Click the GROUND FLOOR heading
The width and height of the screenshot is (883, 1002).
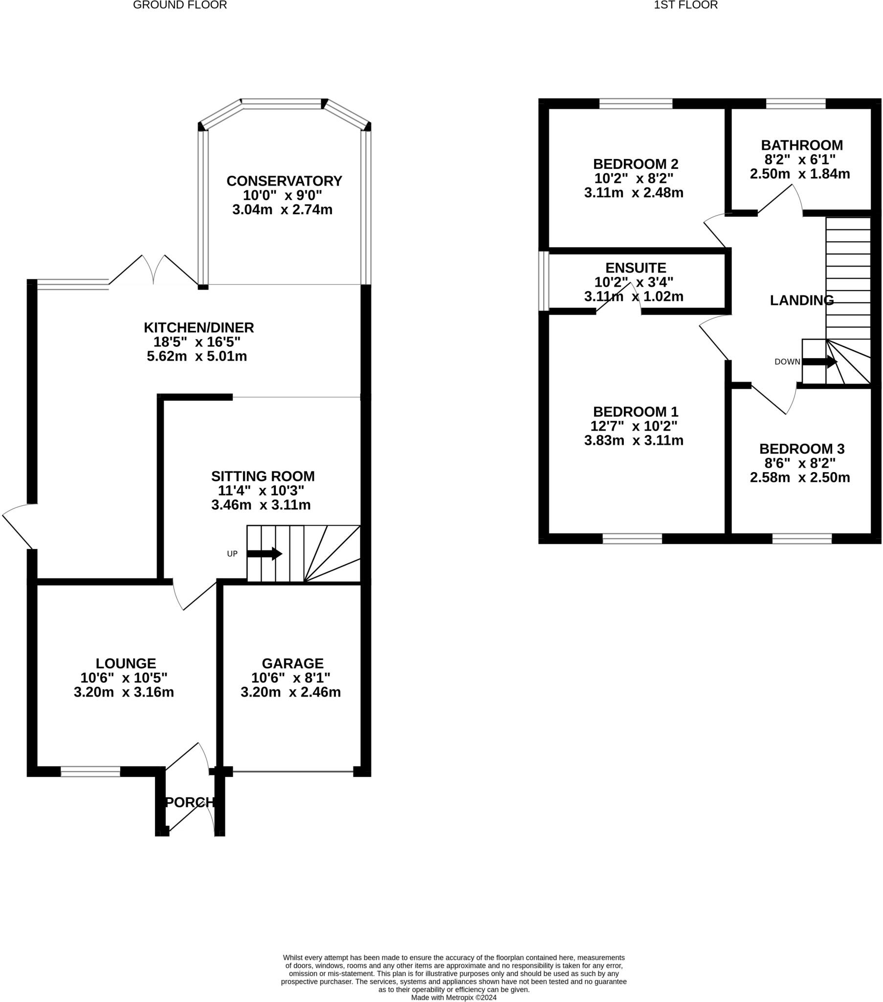click(180, 5)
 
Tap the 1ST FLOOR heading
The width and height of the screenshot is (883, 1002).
click(685, 5)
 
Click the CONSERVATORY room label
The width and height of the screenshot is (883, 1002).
click(284, 181)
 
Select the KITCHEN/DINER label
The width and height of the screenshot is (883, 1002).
click(199, 327)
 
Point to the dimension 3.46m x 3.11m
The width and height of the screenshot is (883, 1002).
click(261, 505)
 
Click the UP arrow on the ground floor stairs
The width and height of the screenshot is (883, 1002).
click(264, 554)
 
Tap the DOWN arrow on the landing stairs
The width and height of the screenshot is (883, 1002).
click(819, 362)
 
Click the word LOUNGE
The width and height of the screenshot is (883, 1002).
click(126, 663)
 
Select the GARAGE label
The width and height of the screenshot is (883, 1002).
click(292, 663)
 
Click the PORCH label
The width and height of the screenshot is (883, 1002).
click(190, 802)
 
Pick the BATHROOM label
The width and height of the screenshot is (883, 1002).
click(802, 145)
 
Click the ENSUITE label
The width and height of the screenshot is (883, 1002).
click(636, 268)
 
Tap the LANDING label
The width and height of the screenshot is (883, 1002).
click(802, 300)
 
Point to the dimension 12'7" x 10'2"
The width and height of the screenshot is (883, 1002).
click(634, 426)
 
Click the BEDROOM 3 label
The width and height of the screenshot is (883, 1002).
click(802, 449)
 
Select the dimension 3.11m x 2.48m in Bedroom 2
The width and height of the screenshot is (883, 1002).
click(634, 193)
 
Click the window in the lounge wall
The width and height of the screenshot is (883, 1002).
click(90, 772)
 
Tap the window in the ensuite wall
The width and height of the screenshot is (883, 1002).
click(543, 281)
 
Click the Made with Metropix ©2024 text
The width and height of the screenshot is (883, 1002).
click(454, 997)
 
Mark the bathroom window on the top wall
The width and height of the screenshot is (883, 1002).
click(795, 103)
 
